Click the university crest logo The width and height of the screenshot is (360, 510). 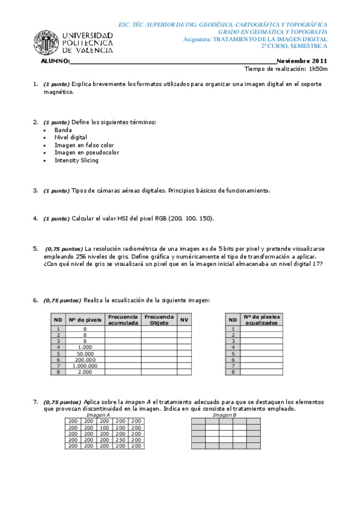(x=46, y=43)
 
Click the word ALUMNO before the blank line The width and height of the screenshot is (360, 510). (x=55, y=61)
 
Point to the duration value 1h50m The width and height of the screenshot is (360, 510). (x=317, y=69)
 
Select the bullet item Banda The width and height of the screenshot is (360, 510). (x=63, y=130)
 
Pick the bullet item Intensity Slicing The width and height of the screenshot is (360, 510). (x=76, y=161)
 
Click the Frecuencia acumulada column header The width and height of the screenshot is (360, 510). (x=123, y=319)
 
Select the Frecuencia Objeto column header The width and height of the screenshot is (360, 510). (x=159, y=319)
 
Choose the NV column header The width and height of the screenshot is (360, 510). (x=185, y=319)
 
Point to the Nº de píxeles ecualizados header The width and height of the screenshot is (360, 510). (x=261, y=319)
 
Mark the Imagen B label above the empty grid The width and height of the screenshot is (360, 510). (x=225, y=415)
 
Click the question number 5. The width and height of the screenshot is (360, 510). (x=35, y=248)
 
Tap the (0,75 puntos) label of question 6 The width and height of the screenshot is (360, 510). (x=62, y=300)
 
